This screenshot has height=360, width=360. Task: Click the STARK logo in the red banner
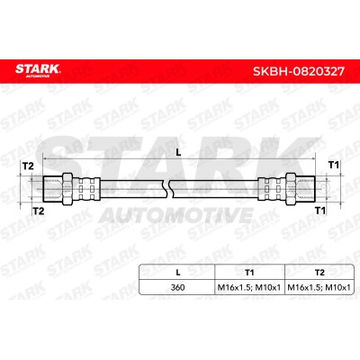[38, 70]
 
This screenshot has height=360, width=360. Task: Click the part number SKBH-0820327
[299, 72]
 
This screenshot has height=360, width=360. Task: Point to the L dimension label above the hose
[179, 153]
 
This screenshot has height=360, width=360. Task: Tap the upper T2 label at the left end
[28, 166]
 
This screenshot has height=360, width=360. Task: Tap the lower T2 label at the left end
[39, 211]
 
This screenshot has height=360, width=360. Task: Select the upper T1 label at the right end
[334, 165]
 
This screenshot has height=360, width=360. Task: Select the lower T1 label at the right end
[320, 211]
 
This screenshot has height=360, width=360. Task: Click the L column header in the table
[178, 273]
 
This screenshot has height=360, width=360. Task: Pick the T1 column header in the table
[249, 273]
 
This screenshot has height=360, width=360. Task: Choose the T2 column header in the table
[319, 273]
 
